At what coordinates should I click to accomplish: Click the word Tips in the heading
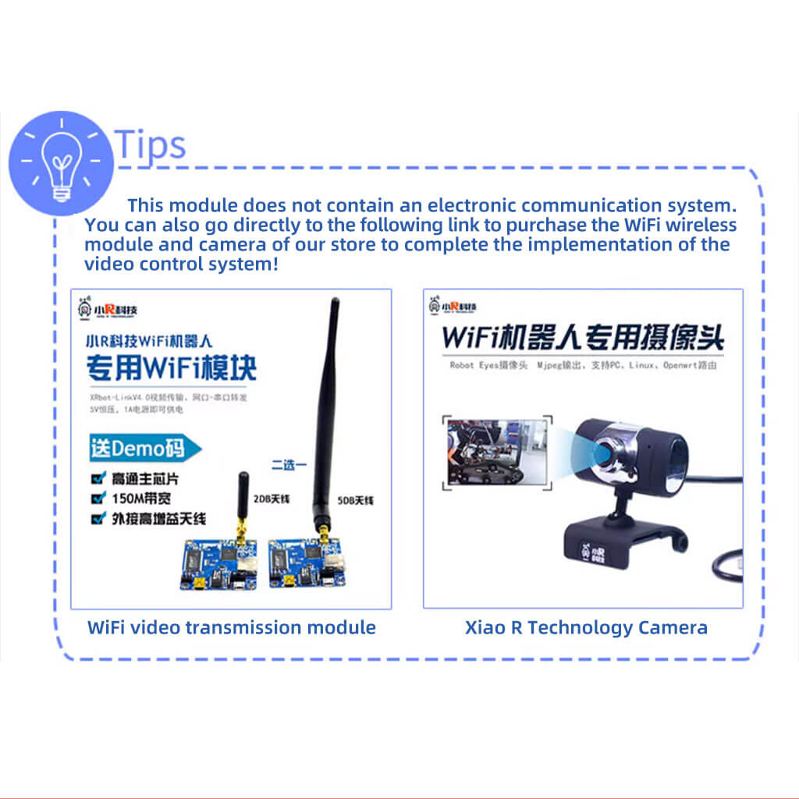(x=151, y=144)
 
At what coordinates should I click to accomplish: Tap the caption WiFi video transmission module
(x=231, y=627)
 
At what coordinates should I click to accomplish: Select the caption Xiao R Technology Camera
(x=586, y=627)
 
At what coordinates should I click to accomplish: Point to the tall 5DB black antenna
(x=326, y=406)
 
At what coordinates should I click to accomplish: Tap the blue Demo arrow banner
(x=145, y=448)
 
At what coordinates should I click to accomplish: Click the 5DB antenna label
(x=356, y=500)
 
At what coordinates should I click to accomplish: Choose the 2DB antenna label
(x=268, y=499)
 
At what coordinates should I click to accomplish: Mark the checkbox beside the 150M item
(x=98, y=497)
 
